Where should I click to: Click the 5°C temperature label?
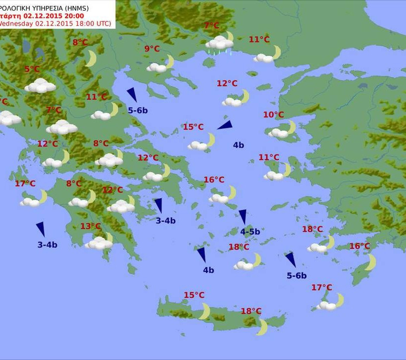[x=32, y=69]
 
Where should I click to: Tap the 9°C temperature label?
[x=152, y=49]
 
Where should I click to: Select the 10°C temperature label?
[x=273, y=115]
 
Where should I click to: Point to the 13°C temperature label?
[x=91, y=226]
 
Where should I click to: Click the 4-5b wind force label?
[x=250, y=231]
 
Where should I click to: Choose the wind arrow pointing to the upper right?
[x=224, y=125]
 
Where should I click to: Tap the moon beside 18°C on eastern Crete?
[x=262, y=327]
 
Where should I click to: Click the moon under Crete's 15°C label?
[x=204, y=311]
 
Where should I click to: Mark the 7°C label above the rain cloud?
[x=212, y=26]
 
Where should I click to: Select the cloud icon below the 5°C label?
[x=40, y=86]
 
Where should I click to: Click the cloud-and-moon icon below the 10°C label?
[x=282, y=130]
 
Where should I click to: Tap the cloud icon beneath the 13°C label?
[x=99, y=242]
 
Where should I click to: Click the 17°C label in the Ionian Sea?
[x=25, y=184]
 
